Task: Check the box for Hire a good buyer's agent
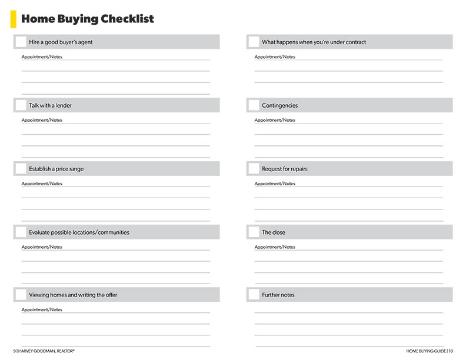click(x=21, y=42)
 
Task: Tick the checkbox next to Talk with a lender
click(x=21, y=105)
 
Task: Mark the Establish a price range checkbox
click(x=21, y=169)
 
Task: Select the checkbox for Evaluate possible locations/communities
click(x=21, y=232)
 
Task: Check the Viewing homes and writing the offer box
click(x=21, y=295)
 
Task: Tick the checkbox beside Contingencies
click(x=254, y=105)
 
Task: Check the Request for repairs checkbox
click(x=254, y=169)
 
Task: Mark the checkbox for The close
click(x=254, y=232)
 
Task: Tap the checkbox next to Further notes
click(x=254, y=295)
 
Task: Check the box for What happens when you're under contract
click(x=254, y=42)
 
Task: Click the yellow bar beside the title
click(x=13, y=19)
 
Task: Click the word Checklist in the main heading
click(x=127, y=19)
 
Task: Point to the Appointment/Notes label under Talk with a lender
click(x=42, y=120)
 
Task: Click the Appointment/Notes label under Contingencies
click(x=275, y=120)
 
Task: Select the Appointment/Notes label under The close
click(x=275, y=247)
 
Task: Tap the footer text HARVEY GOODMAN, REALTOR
click(x=47, y=351)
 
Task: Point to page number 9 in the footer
click(x=15, y=351)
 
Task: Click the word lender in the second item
click(x=64, y=106)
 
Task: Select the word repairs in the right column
click(x=298, y=169)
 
